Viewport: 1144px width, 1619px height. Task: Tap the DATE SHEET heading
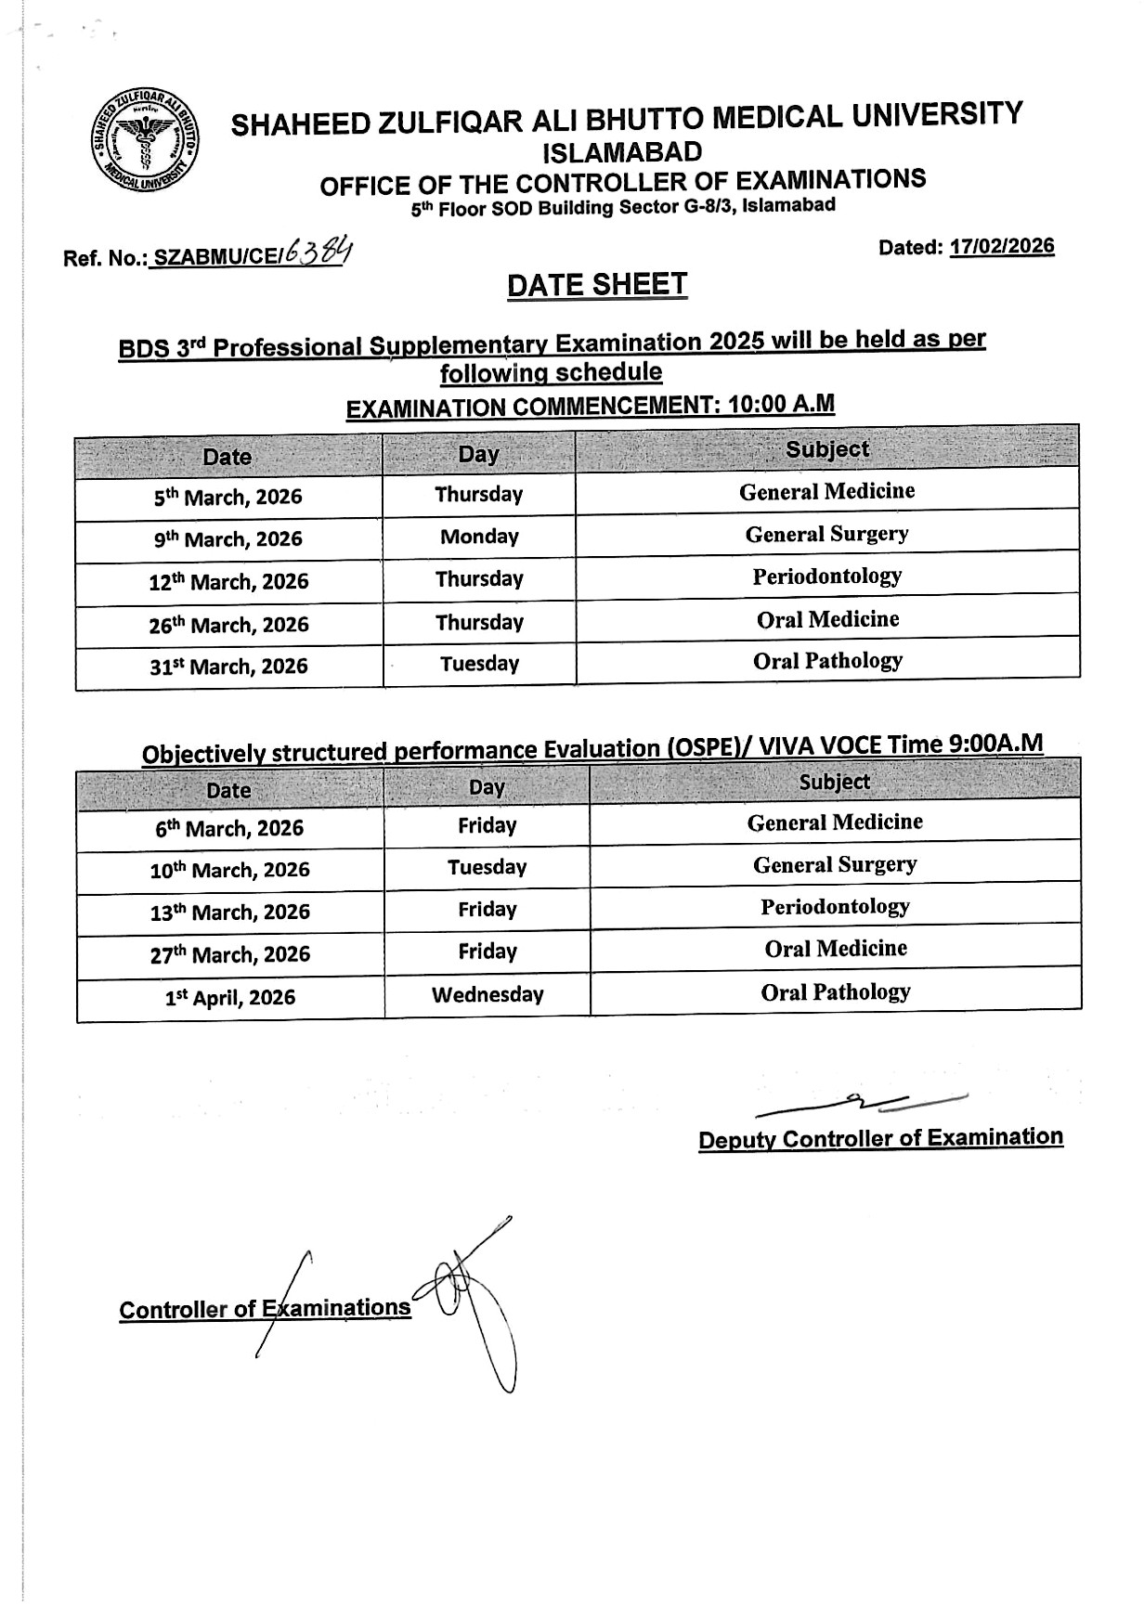597,285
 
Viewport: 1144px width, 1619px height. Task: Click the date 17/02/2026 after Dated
1002,246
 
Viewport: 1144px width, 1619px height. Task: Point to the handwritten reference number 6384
318,252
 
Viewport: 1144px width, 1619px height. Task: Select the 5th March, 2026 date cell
228,498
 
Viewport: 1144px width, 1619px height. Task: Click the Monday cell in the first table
479,537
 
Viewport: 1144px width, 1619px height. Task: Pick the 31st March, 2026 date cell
228,667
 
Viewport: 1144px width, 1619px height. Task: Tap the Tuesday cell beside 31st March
479,664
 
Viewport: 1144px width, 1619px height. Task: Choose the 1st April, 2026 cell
230,998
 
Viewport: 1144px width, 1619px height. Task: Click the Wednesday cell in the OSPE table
487,995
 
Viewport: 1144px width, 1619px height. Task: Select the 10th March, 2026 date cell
230,871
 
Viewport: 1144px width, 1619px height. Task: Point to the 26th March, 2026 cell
228,625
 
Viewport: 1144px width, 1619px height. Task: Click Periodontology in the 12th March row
826,576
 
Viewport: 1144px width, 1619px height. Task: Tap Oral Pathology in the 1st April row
835,992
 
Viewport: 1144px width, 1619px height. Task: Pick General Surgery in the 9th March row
826,534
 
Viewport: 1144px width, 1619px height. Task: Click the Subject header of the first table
826,450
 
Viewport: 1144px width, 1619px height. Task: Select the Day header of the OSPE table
487,788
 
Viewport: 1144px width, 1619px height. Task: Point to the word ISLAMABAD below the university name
622,151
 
